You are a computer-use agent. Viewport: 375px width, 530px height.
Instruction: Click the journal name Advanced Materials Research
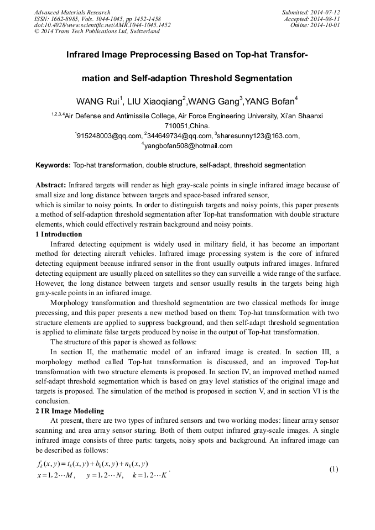click(x=72, y=12)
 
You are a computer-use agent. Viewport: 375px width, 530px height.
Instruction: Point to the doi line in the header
click(x=102, y=25)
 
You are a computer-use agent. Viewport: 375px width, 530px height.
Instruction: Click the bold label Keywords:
click(x=53, y=165)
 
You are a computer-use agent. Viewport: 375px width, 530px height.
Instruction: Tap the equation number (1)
click(x=334, y=469)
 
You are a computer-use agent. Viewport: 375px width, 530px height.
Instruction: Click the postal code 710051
click(x=176, y=126)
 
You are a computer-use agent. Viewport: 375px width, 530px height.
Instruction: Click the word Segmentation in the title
click(x=255, y=78)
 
